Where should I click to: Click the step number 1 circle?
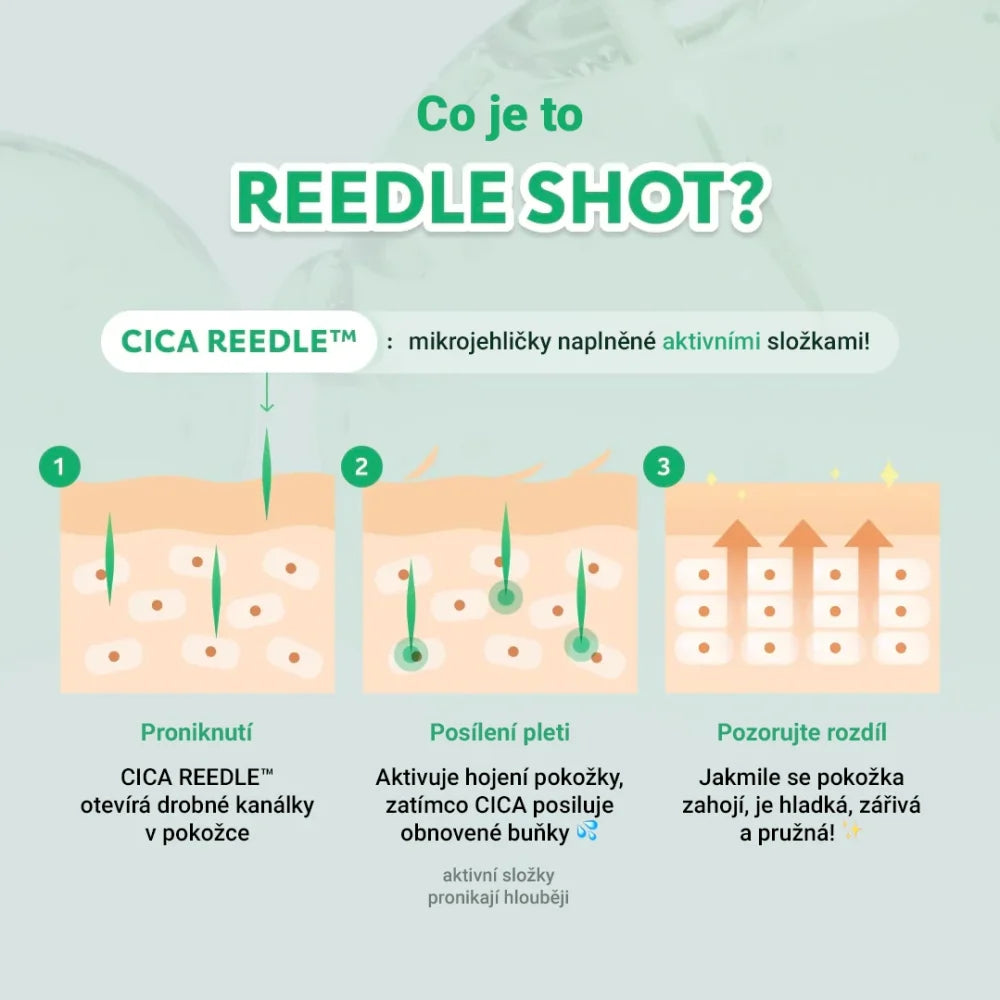click(59, 467)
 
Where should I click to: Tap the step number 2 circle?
click(362, 467)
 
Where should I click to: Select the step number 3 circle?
click(664, 467)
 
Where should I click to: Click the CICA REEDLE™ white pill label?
click(239, 341)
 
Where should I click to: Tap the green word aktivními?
click(711, 341)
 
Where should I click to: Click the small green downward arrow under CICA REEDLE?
click(267, 392)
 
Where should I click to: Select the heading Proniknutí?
click(196, 732)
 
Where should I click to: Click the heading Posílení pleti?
click(499, 732)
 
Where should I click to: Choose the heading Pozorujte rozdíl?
click(802, 732)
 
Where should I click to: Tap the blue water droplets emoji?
click(587, 831)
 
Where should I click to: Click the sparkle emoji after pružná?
click(852, 831)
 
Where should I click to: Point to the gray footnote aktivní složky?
click(499, 875)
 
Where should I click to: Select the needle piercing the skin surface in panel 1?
click(267, 473)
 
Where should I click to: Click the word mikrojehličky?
click(480, 342)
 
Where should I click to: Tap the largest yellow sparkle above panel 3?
click(889, 474)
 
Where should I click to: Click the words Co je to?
click(500, 115)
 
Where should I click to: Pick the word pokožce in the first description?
click(205, 833)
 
